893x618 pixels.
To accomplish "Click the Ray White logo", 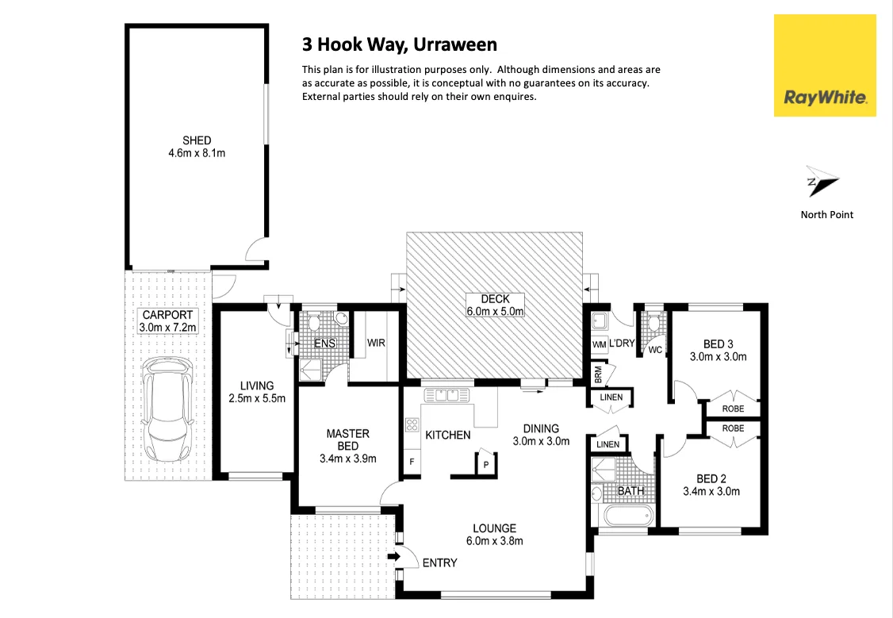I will [x=825, y=65].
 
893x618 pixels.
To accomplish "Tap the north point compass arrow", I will [x=822, y=182].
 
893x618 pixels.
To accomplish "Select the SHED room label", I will [x=196, y=140].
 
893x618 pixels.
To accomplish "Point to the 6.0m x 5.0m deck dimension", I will [x=495, y=312].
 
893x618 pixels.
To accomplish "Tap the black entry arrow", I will [x=393, y=557].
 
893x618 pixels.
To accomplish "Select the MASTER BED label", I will [x=347, y=439].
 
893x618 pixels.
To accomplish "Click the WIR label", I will [x=376, y=344].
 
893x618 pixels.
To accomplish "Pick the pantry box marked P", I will [x=484, y=464].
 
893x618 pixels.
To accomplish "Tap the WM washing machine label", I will [x=599, y=344].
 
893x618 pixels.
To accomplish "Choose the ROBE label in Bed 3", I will [x=733, y=409].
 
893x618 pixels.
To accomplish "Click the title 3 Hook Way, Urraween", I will [x=399, y=44].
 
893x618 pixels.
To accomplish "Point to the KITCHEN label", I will [x=448, y=435].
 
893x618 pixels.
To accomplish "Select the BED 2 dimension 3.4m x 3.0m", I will [x=711, y=491].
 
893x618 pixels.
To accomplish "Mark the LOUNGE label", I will [x=494, y=528].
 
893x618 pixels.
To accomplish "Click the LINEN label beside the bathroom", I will [x=607, y=445].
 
